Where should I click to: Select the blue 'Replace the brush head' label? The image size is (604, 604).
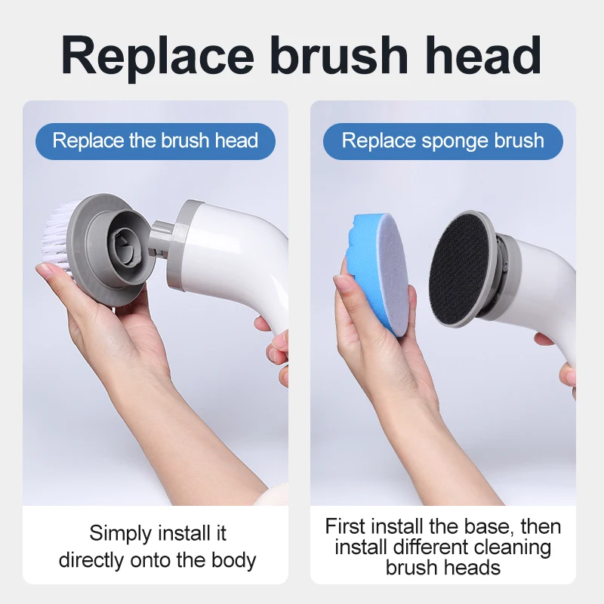click(x=156, y=141)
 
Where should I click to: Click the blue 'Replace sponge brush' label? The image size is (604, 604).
click(x=442, y=141)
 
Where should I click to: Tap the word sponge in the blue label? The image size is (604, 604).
click(x=442, y=141)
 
